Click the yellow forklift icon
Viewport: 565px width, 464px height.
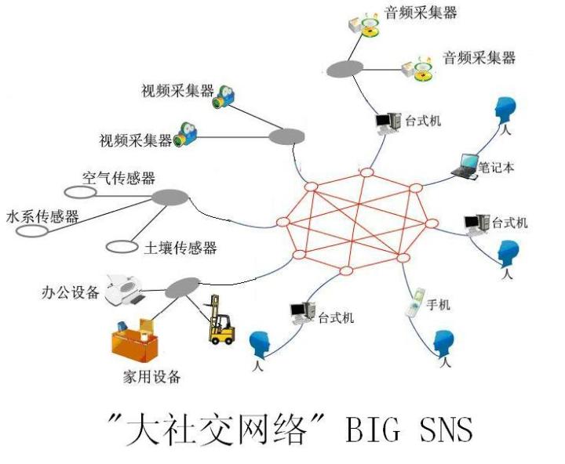[221, 321]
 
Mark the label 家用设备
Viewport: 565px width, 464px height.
[151, 377]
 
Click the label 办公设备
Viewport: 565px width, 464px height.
[71, 293]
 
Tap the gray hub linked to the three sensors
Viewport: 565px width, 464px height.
[169, 197]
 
